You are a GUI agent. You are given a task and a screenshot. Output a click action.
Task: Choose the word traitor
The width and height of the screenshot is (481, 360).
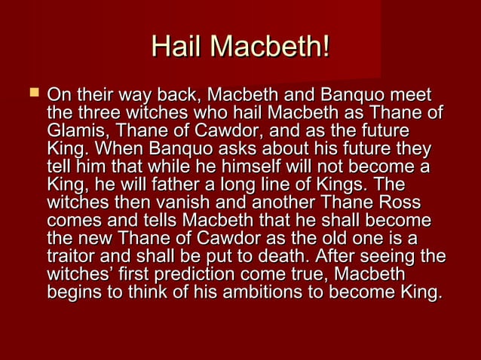click(x=72, y=256)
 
